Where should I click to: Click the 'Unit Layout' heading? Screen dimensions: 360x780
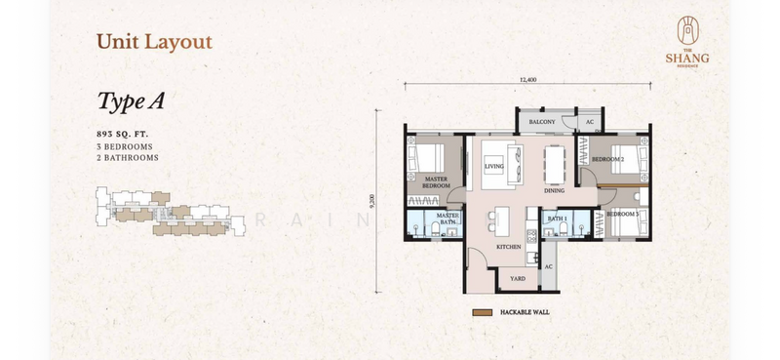point(153,42)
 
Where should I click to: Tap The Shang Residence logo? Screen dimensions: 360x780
point(688,45)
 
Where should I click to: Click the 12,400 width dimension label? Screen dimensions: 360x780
point(528,78)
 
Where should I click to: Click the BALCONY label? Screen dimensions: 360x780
point(542,121)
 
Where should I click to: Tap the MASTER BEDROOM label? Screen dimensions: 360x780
point(435,183)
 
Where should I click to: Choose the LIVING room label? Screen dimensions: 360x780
point(494,167)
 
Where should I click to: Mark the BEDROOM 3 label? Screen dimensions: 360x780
point(622,214)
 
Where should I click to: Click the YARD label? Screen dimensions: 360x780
point(517,278)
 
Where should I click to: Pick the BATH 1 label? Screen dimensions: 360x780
point(556,220)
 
